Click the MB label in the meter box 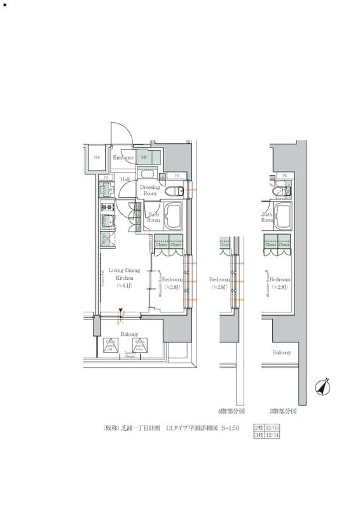[x=97, y=157]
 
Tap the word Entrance [x=123, y=157]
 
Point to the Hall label [x=125, y=180]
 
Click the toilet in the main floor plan [x=172, y=191]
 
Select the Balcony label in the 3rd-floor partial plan [x=282, y=352]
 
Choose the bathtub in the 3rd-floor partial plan [x=284, y=218]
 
